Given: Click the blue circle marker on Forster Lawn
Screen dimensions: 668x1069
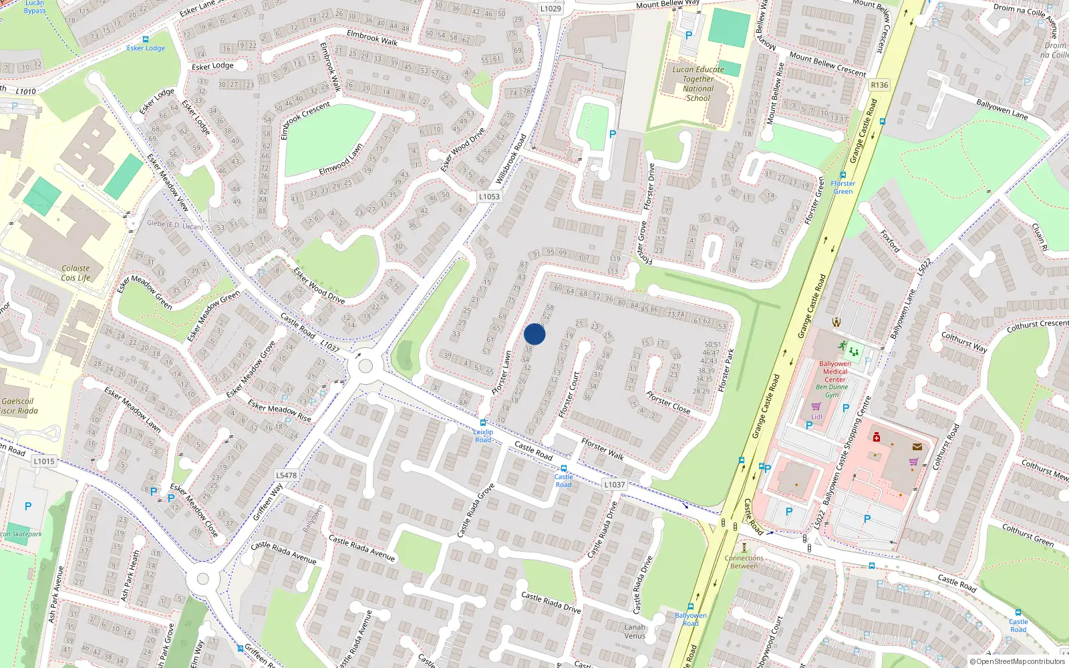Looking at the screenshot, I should [x=534, y=334].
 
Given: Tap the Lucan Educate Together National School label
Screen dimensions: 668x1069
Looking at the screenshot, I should [x=698, y=83].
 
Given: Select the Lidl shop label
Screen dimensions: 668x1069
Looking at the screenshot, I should [x=816, y=417].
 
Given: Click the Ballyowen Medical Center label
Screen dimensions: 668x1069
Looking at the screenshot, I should [x=835, y=371].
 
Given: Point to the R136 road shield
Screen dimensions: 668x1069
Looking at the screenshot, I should [x=879, y=85].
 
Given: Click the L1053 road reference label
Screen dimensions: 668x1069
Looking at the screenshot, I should [x=489, y=196].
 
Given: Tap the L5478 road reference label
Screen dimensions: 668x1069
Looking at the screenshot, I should [x=286, y=476].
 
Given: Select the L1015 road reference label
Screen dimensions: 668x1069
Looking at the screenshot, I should [x=44, y=461].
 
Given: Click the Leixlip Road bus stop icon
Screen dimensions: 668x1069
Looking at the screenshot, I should [x=483, y=423].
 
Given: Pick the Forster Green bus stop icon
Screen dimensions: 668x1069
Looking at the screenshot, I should [x=843, y=175].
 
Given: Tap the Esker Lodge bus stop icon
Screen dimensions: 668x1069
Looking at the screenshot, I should [x=146, y=39].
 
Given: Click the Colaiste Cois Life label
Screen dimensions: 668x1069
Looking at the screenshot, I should [x=75, y=273].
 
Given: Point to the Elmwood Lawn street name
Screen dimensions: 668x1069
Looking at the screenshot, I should [x=341, y=159].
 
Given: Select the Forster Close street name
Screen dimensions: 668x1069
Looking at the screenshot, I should [x=668, y=402].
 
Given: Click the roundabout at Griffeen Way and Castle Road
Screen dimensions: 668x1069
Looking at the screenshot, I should [x=365, y=366].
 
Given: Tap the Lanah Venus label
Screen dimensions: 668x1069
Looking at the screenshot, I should [x=635, y=631].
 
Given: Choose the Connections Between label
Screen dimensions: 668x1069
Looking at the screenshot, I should [x=744, y=562].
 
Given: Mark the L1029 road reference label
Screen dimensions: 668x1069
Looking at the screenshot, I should [x=551, y=9].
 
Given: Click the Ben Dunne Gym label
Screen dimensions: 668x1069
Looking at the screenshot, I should [x=832, y=391].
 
